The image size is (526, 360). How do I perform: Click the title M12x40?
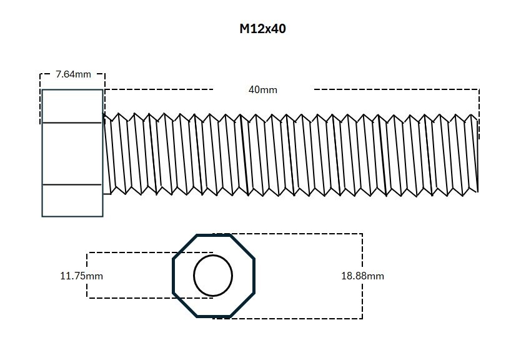pyautogui.click(x=262, y=29)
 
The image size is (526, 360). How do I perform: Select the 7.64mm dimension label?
pyautogui.click(x=73, y=74)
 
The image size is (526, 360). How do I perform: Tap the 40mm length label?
pyautogui.click(x=262, y=89)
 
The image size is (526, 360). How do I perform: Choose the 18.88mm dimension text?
pyautogui.click(x=362, y=276)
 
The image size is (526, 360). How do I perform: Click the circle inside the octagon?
pyautogui.click(x=213, y=276)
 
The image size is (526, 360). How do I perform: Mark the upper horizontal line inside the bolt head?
pyautogui.click(x=72, y=123)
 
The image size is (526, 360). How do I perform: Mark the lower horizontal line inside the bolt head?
pyautogui.click(x=72, y=185)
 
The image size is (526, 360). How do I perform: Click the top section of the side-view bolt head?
pyautogui.click(x=72, y=106)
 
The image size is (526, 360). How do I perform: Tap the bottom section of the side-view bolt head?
pyautogui.click(x=72, y=201)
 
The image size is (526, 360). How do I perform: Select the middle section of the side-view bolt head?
pyautogui.click(x=72, y=154)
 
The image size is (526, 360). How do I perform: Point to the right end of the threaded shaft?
pyautogui.click(x=477, y=154)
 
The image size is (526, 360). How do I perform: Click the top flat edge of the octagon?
pyautogui.click(x=214, y=236)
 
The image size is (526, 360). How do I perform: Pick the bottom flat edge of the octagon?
pyautogui.click(x=214, y=316)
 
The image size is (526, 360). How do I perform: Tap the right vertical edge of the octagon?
pyautogui.click(x=254, y=276)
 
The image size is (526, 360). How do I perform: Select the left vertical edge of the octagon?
pyautogui.click(x=173, y=276)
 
